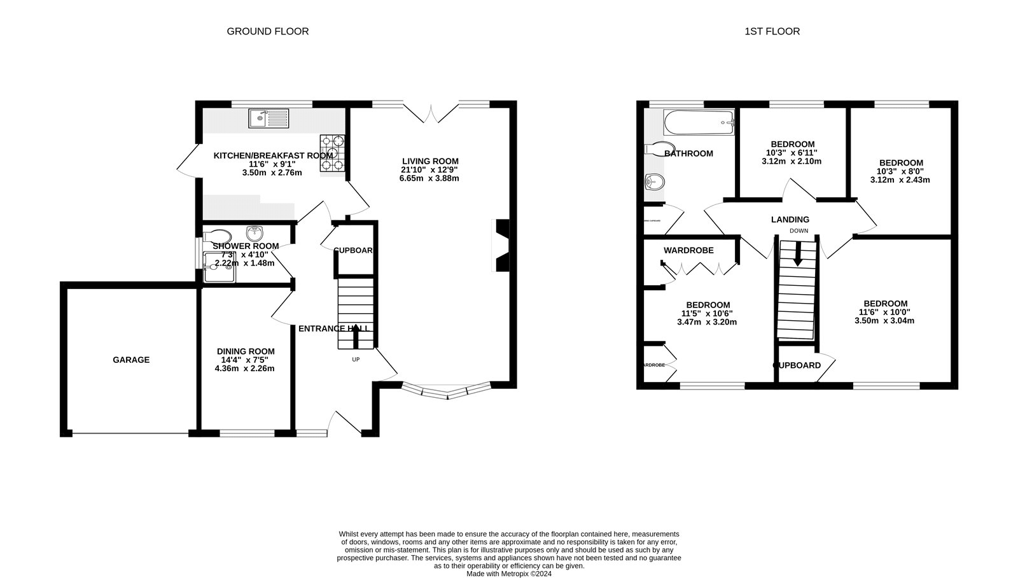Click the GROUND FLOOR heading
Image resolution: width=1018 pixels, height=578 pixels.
(x=267, y=31)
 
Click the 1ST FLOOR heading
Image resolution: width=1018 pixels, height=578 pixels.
(x=772, y=31)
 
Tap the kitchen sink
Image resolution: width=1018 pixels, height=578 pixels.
(x=268, y=118)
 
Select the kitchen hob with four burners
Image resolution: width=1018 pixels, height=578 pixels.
(x=332, y=153)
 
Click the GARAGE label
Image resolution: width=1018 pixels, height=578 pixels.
(x=131, y=360)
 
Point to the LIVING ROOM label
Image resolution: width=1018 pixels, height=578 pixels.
(x=429, y=161)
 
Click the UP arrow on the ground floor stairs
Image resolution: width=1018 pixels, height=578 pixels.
(x=355, y=337)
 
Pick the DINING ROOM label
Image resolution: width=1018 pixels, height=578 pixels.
(x=246, y=351)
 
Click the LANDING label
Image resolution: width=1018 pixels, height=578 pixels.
(x=790, y=220)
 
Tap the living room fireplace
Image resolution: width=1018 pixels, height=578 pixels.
(x=502, y=246)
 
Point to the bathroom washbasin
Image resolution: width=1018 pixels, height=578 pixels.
(x=654, y=183)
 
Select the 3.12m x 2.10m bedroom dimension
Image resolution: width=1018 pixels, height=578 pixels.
(x=791, y=161)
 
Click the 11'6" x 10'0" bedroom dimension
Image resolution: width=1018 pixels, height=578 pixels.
(x=884, y=312)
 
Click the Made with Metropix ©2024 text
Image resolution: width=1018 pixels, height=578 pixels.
(x=508, y=573)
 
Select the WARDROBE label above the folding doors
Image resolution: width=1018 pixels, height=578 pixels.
(x=688, y=250)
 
